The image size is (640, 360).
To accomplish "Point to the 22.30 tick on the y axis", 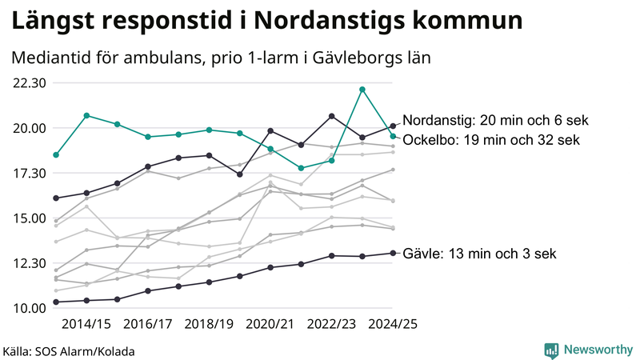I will click(x=28, y=82).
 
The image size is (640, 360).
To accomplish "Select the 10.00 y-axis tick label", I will click(x=28, y=308).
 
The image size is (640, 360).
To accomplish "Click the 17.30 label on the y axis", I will click(x=28, y=173).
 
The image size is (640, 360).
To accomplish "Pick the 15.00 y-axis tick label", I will click(x=28, y=218).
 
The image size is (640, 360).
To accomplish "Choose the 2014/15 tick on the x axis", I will click(x=86, y=324).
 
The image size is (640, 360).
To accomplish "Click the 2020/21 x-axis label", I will click(x=270, y=324).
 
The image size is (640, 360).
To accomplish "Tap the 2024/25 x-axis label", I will click(x=393, y=324).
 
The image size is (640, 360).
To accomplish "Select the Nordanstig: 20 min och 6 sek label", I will click(x=494, y=121).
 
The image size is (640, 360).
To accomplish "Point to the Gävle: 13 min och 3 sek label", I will click(x=478, y=254).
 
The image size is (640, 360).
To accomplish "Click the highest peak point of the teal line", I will click(x=362, y=90).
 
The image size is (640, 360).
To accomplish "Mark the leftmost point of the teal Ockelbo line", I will click(x=56, y=154).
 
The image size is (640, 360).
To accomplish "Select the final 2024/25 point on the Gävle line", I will click(x=393, y=253).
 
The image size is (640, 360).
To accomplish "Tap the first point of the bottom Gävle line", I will click(x=56, y=302).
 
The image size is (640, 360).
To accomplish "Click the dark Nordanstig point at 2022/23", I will click(x=332, y=116).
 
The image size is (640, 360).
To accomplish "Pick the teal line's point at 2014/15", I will click(x=86, y=115).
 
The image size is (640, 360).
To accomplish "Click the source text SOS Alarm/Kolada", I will click(x=89, y=351).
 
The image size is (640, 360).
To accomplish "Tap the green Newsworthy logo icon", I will click(x=551, y=350).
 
